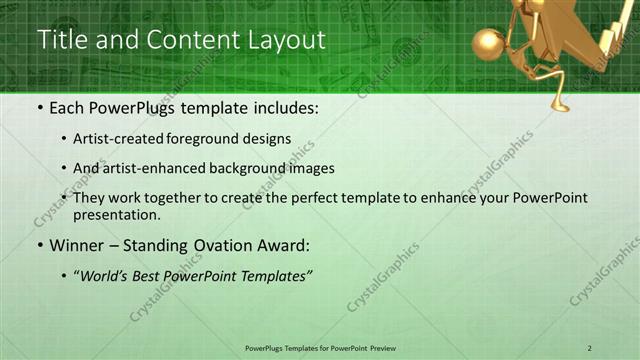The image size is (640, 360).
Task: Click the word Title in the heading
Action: (x=63, y=40)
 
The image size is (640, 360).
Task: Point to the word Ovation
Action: (x=222, y=245)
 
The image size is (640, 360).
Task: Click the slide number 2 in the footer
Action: (x=590, y=347)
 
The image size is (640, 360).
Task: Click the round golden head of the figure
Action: (x=490, y=44)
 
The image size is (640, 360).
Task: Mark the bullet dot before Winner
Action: (x=40, y=245)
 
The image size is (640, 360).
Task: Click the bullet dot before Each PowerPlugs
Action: (x=40, y=108)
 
